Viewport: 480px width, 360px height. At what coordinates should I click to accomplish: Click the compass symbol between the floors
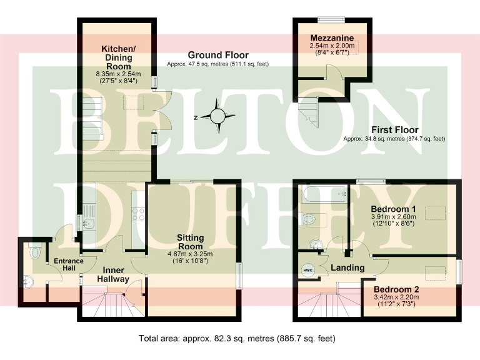pyautogui.click(x=217, y=116)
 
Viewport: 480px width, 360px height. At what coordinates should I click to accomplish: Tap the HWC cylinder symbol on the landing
pyautogui.click(x=307, y=269)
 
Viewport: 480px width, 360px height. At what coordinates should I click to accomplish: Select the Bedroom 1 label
pyautogui.click(x=393, y=209)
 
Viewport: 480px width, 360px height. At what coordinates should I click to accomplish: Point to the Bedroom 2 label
pyautogui.click(x=396, y=290)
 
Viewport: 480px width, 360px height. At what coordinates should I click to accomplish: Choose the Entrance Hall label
pyautogui.click(x=64, y=264)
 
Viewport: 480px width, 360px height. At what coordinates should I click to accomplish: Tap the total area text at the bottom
pyautogui.click(x=237, y=339)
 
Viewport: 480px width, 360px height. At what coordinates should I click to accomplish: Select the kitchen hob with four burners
pyautogui.click(x=138, y=214)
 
